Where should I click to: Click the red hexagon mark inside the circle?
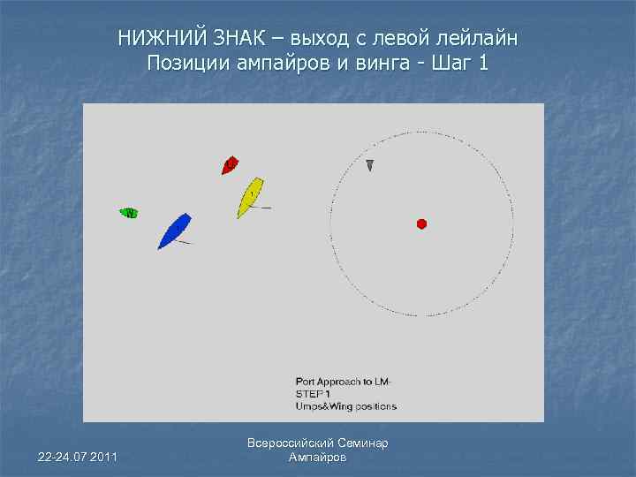[x=422, y=224]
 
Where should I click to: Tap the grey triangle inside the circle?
[x=370, y=165]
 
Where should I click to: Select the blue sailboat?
[x=175, y=231]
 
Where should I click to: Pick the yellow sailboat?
[x=250, y=197]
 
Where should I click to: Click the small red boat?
[x=230, y=164]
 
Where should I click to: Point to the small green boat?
[x=130, y=213]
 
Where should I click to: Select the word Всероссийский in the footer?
[x=289, y=443]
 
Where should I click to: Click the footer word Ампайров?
[x=318, y=458]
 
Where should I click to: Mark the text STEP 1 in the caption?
[x=313, y=393]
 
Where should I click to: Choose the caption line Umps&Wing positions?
[x=345, y=406]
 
